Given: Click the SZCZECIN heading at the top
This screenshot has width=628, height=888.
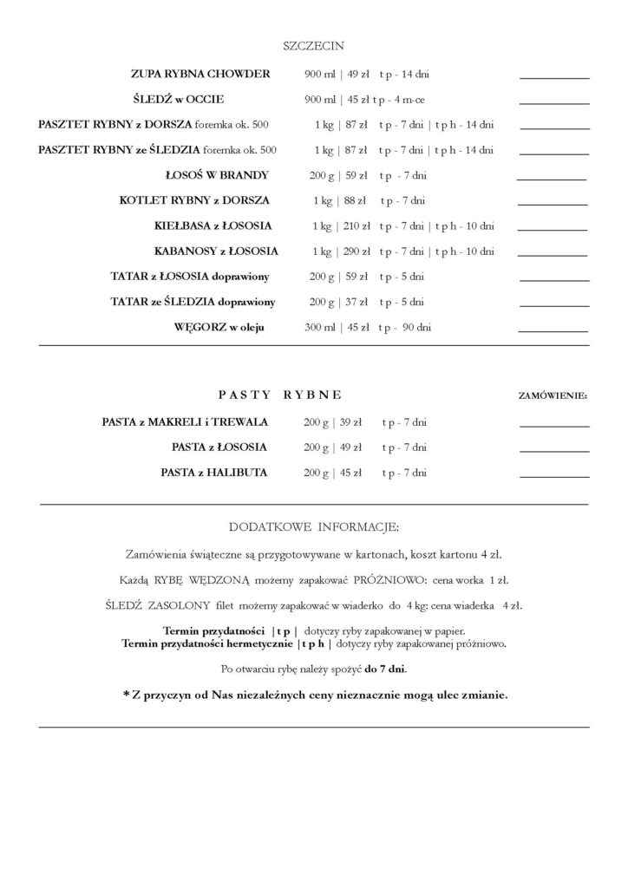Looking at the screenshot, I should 313,44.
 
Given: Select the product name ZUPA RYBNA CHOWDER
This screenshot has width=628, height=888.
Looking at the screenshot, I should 200,74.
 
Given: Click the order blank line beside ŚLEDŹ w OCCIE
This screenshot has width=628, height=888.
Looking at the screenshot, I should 553,103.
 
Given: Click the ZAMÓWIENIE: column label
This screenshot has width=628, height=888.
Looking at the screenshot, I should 552,395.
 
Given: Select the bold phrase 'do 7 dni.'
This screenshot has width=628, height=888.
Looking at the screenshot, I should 386,669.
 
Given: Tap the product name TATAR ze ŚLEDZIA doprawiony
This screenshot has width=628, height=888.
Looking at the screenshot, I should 193,302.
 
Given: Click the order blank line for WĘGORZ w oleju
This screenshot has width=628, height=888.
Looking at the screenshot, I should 553,332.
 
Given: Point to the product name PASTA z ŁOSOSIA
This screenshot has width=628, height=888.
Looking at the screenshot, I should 219,447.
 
